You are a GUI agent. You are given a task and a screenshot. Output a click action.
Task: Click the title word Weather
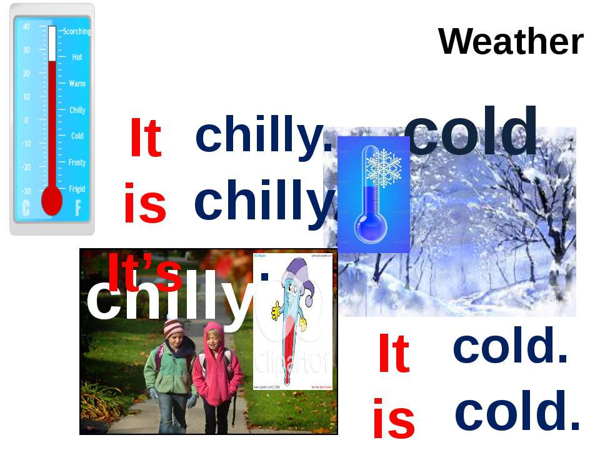pos(511,42)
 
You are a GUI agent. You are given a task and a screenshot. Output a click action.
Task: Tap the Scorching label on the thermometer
pos(76,31)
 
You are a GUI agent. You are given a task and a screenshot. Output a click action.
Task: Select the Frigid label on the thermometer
pos(77,188)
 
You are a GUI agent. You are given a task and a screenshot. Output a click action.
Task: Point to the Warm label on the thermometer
pos(77,83)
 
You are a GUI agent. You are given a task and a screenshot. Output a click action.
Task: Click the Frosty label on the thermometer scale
pos(77,162)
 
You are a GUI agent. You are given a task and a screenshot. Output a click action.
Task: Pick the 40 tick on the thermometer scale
pos(26,27)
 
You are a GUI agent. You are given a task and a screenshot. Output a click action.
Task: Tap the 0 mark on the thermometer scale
pos(26,120)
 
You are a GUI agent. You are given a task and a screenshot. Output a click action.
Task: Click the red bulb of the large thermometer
pos(52,201)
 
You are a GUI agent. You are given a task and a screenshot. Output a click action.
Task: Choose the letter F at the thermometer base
pos(78,209)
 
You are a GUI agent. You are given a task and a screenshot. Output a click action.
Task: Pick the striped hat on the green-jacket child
pos(173,327)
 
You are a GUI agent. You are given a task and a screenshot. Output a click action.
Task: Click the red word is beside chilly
pos(145,203)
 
